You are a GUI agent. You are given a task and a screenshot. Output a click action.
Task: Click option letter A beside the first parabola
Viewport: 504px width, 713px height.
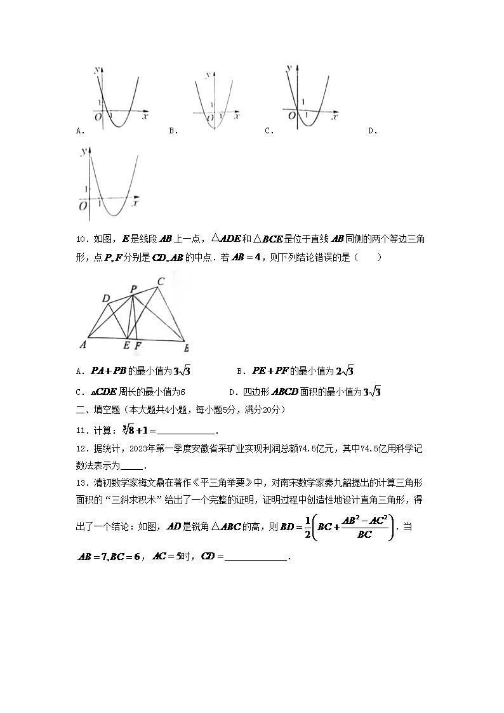click(78, 131)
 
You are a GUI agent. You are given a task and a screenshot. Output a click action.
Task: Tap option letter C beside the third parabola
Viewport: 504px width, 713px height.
click(269, 131)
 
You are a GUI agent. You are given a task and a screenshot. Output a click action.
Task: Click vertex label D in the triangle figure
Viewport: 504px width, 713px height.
click(105, 298)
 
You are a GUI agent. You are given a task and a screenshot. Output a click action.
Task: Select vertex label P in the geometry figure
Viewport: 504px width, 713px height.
click(133, 289)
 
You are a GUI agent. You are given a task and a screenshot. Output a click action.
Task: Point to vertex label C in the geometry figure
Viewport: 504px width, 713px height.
click(161, 281)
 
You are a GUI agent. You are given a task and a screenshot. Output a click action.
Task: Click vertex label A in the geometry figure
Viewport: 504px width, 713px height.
click(83, 345)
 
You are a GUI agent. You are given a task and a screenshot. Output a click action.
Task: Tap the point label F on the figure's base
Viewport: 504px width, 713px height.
click(138, 346)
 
